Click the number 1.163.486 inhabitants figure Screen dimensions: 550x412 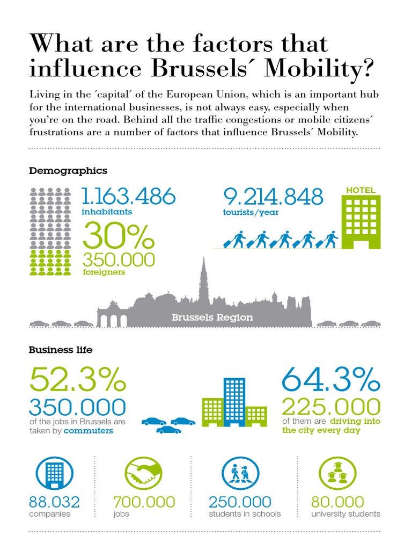click(x=128, y=197)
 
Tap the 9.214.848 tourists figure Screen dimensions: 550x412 click(x=273, y=197)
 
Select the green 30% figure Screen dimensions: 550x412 click(x=118, y=235)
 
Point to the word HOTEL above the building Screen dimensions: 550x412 click(x=360, y=190)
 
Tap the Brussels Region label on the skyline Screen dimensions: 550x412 click(x=212, y=317)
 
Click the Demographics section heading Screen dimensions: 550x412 click(x=68, y=171)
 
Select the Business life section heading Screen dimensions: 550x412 click(x=61, y=350)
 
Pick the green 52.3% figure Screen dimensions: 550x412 click(x=78, y=379)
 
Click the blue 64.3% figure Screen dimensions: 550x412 click(x=331, y=379)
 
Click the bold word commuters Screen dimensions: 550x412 click(x=89, y=430)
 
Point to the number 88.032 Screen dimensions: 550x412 click(x=54, y=502)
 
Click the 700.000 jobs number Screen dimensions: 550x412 click(x=144, y=502)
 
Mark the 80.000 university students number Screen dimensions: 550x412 click(x=337, y=502)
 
